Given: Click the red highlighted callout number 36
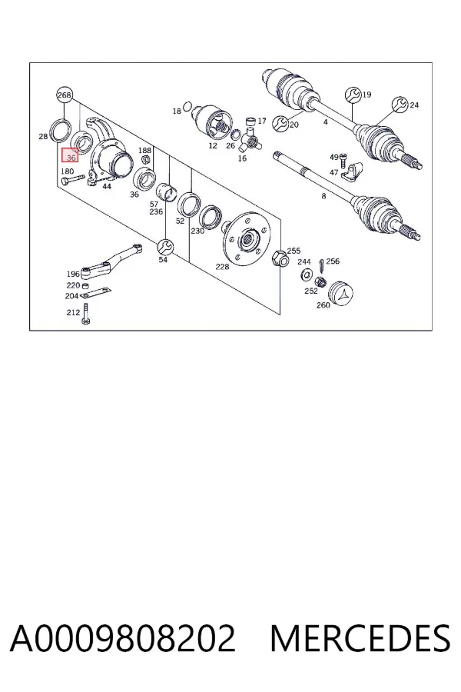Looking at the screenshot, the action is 70,155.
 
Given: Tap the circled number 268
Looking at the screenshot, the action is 65,95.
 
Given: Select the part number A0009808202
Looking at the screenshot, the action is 123,638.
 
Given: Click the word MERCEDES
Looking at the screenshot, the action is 360,638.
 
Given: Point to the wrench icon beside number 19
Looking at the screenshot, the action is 353,95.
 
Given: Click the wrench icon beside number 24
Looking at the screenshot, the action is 400,105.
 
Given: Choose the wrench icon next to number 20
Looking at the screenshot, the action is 280,124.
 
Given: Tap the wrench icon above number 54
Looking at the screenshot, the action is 165,247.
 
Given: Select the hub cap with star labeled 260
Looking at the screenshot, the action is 341,294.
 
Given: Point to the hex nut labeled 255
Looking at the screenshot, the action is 280,258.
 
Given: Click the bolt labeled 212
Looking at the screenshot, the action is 85,314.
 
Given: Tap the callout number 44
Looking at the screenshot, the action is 107,186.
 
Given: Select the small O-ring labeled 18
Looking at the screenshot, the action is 187,106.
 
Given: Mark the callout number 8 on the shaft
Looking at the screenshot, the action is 323,196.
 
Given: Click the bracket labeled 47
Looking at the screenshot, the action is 351,171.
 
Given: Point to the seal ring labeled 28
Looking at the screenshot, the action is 60,130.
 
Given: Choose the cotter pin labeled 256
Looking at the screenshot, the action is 322,266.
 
